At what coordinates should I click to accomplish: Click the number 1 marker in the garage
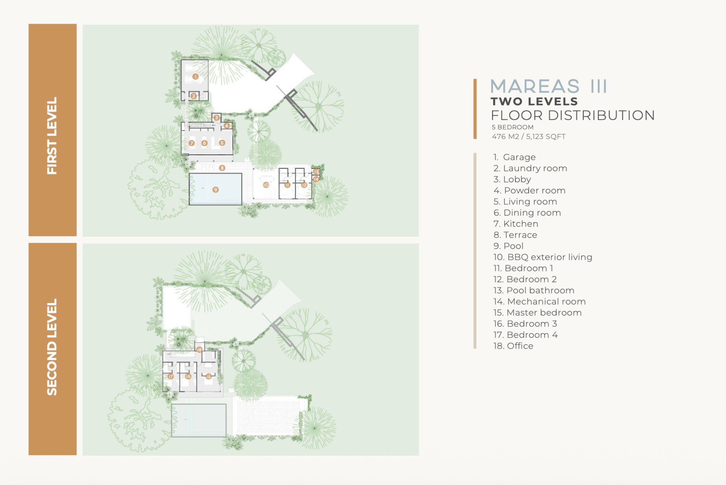(x=195, y=76)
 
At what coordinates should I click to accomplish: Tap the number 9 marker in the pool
(x=216, y=190)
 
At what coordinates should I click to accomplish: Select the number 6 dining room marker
(x=204, y=143)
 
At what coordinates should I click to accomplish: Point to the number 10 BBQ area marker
(x=266, y=185)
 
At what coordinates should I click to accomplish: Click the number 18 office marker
(x=199, y=350)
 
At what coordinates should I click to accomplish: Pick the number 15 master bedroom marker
(x=208, y=376)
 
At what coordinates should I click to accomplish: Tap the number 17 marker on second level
(x=171, y=376)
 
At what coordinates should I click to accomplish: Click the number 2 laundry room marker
(x=194, y=96)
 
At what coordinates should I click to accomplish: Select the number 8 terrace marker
(x=222, y=168)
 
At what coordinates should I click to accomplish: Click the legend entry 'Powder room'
(x=529, y=191)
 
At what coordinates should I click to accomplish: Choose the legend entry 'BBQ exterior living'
(x=543, y=257)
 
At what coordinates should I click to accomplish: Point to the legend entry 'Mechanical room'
(x=540, y=302)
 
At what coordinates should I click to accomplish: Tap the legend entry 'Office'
(x=513, y=346)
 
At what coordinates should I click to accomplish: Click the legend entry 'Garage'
(x=514, y=157)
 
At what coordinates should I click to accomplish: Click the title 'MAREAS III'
(x=549, y=86)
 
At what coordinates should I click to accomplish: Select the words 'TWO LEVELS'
(x=534, y=101)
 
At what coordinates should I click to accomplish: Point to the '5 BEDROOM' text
(x=513, y=127)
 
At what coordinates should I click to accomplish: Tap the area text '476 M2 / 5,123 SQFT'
(x=529, y=137)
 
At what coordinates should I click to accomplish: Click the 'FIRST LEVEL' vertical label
(x=52, y=136)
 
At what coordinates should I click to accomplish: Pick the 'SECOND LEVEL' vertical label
(x=52, y=347)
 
